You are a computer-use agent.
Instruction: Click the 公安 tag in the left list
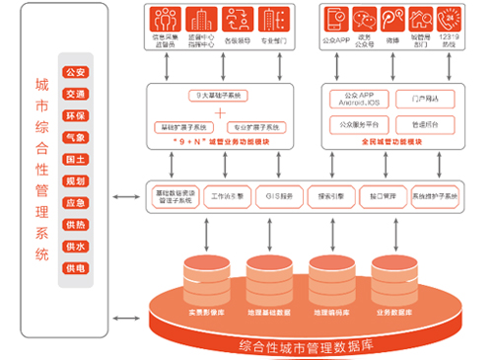[x=74, y=73]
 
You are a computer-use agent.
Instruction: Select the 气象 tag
[x=74, y=137]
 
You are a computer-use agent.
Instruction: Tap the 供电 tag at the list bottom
[x=74, y=267]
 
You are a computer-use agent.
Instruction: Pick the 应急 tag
[x=74, y=202]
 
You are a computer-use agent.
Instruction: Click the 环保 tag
[x=74, y=115]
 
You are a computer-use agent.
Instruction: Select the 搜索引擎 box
[x=330, y=196]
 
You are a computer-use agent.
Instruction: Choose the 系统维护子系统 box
[x=435, y=196]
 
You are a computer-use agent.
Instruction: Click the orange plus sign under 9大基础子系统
[x=220, y=111]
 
